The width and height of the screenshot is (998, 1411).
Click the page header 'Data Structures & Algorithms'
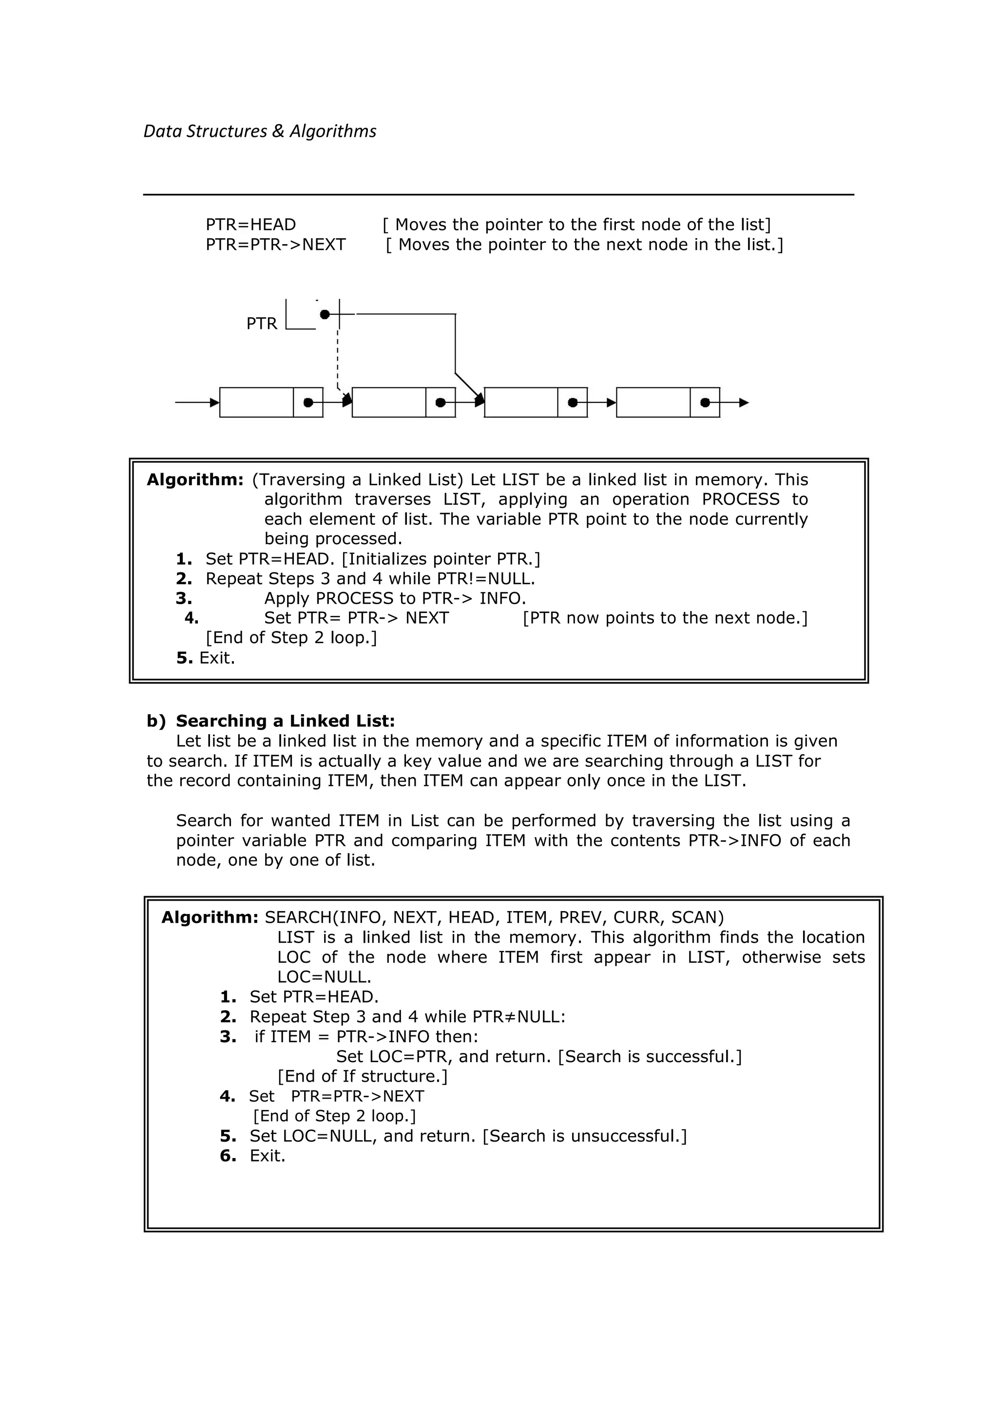click(259, 131)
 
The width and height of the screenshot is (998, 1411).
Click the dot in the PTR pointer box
click(325, 315)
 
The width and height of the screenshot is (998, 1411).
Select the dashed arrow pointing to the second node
click(338, 360)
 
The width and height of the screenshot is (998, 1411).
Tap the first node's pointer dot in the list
click(308, 402)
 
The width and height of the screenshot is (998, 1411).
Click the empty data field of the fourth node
click(653, 402)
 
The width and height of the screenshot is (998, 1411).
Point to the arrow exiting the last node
click(735, 402)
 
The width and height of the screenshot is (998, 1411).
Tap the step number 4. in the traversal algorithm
click(191, 618)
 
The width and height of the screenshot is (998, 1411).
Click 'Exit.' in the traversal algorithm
click(217, 658)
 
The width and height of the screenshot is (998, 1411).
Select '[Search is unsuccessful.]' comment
click(584, 1136)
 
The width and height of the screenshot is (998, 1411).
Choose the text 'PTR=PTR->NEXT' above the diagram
click(275, 245)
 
